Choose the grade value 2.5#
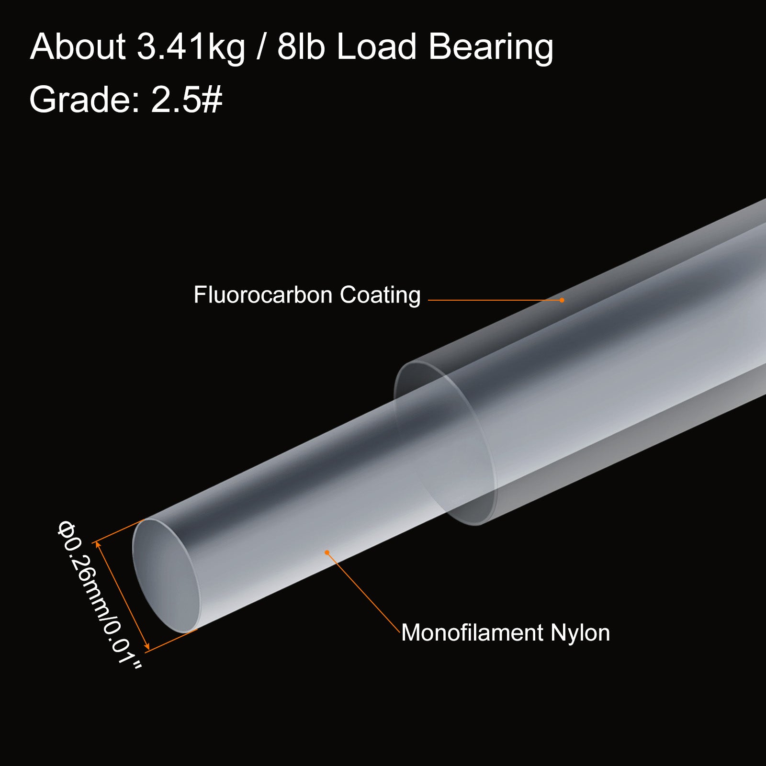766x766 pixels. click(x=187, y=100)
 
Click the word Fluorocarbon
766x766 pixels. click(x=263, y=294)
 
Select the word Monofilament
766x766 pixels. click(x=472, y=632)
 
